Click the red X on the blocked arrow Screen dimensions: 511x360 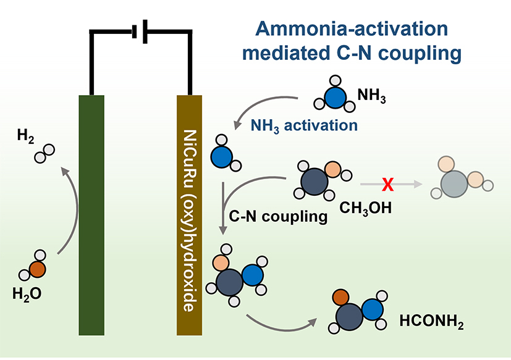[388, 185]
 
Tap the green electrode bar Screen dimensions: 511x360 [91, 215]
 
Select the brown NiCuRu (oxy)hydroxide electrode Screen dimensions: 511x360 [189, 215]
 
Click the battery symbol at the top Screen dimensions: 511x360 [140, 31]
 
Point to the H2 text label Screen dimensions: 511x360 [25, 135]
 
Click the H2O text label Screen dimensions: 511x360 [27, 294]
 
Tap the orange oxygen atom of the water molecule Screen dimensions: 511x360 [37, 269]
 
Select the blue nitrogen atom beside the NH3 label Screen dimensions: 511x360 [336, 98]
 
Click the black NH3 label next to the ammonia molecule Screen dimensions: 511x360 [371, 96]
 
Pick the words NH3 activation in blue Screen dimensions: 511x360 [304, 126]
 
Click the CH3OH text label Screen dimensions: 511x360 [366, 208]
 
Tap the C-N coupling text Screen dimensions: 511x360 [278, 216]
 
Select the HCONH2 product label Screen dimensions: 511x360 [431, 322]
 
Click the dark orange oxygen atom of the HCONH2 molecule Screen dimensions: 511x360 [341, 298]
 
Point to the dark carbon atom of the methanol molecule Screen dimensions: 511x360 [314, 182]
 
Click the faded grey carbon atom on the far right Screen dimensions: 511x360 [454, 184]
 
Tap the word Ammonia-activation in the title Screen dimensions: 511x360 [352, 28]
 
